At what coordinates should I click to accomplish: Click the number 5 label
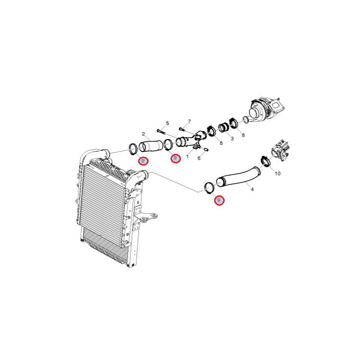167,123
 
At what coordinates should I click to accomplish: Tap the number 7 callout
189,121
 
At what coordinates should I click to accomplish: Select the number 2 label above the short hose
144,134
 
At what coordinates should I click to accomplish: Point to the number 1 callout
187,157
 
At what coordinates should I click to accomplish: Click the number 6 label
199,158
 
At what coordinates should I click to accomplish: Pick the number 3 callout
232,139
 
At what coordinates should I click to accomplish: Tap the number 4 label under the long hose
252,189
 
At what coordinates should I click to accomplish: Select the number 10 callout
278,173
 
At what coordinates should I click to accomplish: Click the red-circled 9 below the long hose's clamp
219,200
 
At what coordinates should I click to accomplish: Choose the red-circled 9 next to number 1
175,158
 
